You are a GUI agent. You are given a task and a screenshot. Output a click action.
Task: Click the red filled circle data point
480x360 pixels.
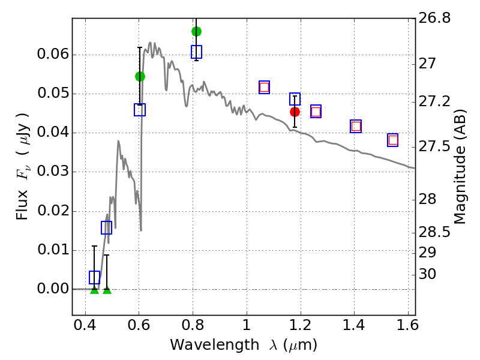295,112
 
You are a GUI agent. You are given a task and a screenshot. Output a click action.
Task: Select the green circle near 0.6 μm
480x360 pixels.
140,76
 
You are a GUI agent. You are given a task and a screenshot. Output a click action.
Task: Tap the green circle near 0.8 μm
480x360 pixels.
196,31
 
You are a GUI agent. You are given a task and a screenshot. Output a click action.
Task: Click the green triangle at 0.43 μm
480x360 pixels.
94,290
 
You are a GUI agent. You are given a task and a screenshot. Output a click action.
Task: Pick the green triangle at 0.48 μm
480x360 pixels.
107,290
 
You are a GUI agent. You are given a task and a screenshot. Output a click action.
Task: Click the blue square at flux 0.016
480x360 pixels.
106,227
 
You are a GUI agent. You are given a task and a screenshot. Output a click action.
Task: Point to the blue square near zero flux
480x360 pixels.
94,277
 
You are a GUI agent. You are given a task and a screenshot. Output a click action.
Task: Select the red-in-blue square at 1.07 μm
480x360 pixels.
264,87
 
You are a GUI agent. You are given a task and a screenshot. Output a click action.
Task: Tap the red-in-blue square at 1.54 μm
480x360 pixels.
393,140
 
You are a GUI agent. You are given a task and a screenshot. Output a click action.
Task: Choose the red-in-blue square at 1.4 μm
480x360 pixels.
356,126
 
